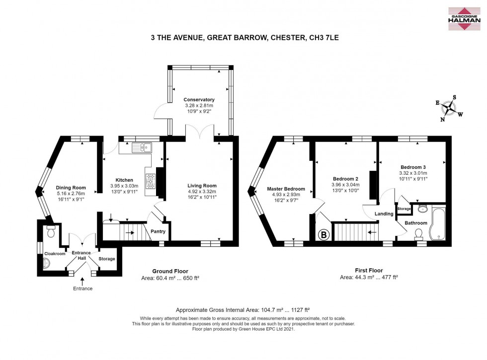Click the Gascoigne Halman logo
(464, 19)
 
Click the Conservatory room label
(199, 100)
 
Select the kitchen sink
(141, 148)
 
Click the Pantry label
(158, 231)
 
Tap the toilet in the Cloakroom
(51, 231)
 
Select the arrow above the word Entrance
(82, 282)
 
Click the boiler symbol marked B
(324, 235)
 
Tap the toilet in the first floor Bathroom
(419, 234)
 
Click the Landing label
(384, 214)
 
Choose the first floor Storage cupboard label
(404, 209)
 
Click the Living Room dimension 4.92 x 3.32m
(202, 191)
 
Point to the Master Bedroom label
(286, 189)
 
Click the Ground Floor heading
(170, 271)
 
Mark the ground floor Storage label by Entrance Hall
(107, 259)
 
